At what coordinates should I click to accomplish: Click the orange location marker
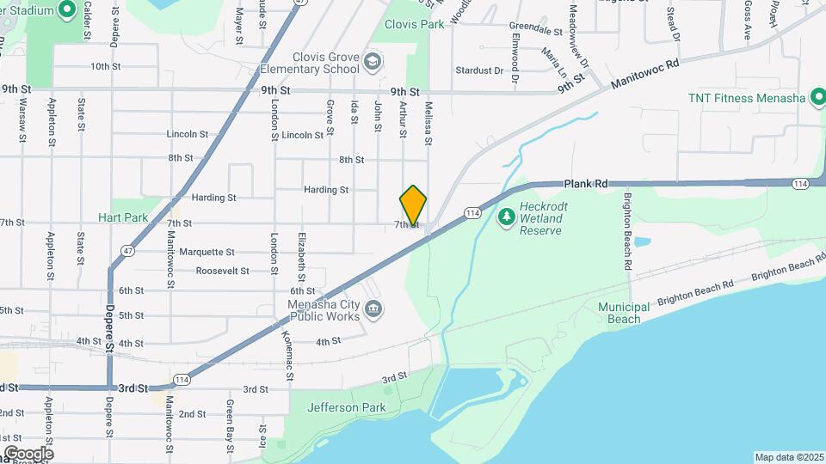[x=413, y=205]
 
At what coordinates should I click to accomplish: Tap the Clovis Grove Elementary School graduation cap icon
[x=372, y=61]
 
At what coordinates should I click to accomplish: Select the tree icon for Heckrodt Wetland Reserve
[x=507, y=212]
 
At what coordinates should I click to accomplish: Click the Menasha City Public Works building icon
[x=373, y=309]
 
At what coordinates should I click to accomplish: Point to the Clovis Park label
[x=415, y=25]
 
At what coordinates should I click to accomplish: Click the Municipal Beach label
[x=619, y=313]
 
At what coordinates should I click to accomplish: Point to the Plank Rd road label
[x=587, y=183]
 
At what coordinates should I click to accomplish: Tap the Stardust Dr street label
[x=479, y=70]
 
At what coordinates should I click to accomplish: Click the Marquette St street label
[x=206, y=253]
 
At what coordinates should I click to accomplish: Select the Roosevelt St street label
[x=222, y=271]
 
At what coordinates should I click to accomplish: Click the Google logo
[x=28, y=453]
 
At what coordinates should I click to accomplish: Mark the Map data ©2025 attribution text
[x=788, y=457]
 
